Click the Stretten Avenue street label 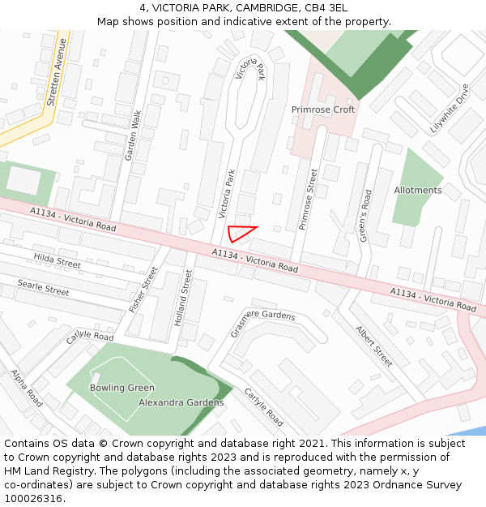click(53, 73)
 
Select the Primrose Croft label click(323, 110)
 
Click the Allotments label click(418, 191)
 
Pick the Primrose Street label click(307, 200)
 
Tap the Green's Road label click(364, 216)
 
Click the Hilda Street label click(58, 260)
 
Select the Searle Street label click(43, 286)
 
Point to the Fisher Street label click(144, 290)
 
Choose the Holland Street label click(183, 299)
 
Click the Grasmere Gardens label click(262, 314)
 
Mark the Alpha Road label click(27, 389)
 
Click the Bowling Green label click(122, 388)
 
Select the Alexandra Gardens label click(181, 402)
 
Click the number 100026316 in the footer click(33, 498)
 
